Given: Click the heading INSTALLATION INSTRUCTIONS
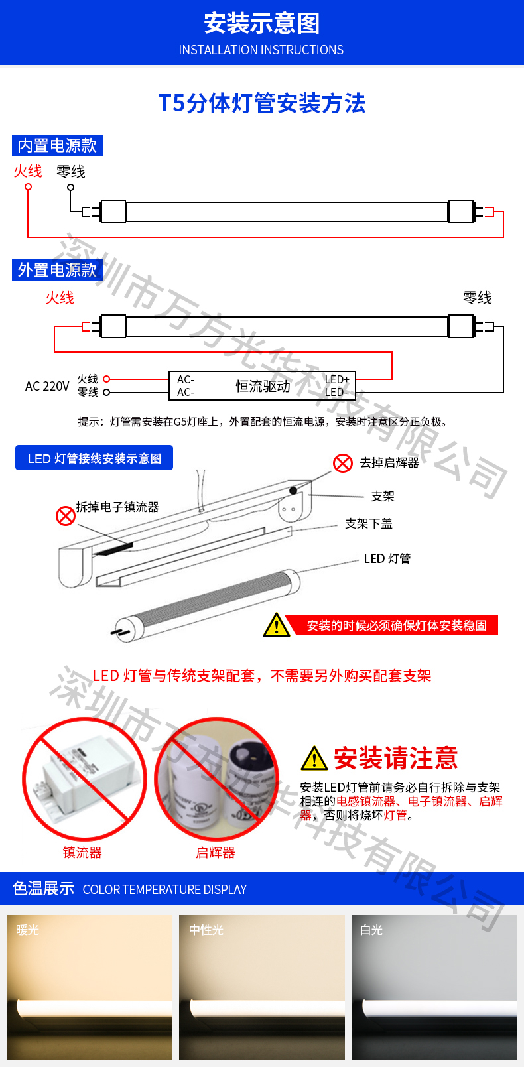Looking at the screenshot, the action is [x=261, y=50].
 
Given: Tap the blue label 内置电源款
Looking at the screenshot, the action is [x=57, y=145].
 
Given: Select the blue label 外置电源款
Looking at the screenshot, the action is [x=57, y=270].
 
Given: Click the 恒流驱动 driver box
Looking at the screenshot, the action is [x=263, y=385].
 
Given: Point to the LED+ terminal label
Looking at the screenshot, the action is [x=337, y=379].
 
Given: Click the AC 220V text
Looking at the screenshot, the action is [x=47, y=386].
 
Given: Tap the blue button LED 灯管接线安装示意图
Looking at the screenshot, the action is [x=94, y=458].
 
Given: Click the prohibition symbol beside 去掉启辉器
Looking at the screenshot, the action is [x=343, y=462].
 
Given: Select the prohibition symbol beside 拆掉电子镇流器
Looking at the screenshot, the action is [x=66, y=515].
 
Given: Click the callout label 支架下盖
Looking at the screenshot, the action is [x=369, y=523].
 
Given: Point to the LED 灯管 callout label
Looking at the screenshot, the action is [x=387, y=558].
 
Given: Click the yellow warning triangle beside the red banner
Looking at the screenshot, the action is [x=277, y=625].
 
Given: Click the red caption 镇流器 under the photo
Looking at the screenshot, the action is [x=82, y=853].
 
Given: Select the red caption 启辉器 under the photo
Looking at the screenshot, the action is [x=216, y=853].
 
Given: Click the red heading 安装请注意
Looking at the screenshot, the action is [x=396, y=758].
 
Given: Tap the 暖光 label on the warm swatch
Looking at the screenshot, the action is [x=27, y=930].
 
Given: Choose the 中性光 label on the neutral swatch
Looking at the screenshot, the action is [x=206, y=930].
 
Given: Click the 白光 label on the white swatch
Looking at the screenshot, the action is [x=371, y=930].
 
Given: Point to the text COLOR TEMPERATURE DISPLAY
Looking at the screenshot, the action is [x=164, y=889].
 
